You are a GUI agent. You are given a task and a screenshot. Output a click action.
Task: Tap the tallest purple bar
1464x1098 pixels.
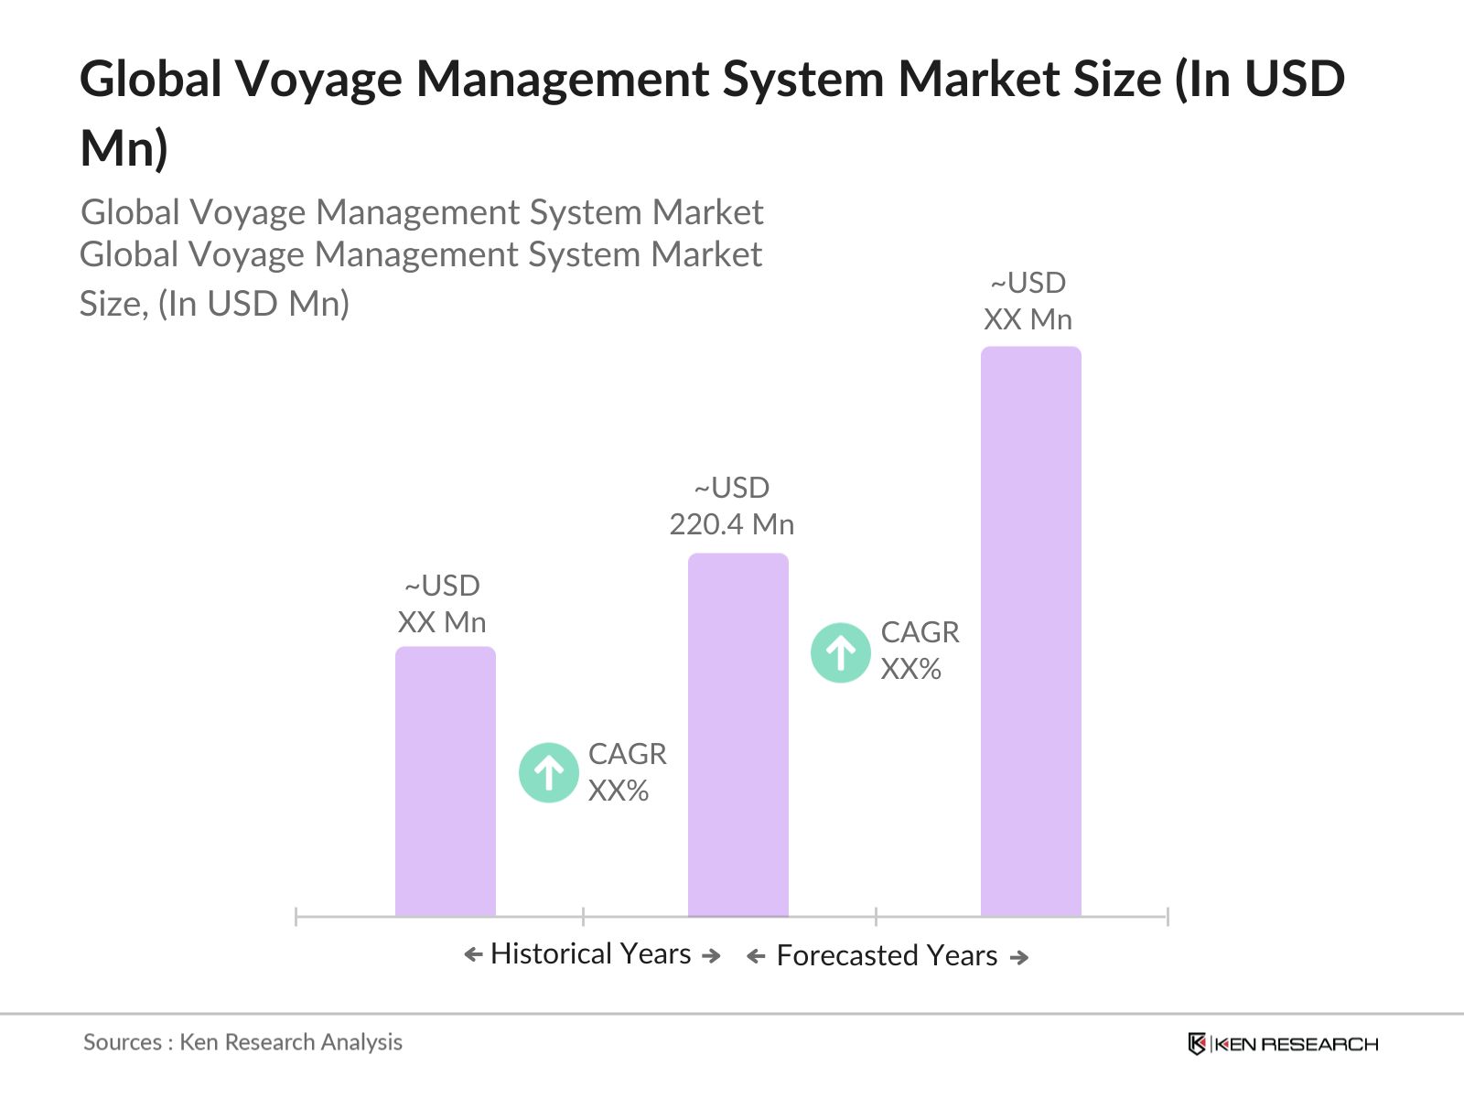pyautogui.click(x=1030, y=630)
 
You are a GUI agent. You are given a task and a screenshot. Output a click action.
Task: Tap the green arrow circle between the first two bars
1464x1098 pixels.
pyautogui.click(x=548, y=773)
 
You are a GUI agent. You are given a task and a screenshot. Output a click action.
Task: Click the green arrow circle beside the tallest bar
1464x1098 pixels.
pyautogui.click(x=840, y=652)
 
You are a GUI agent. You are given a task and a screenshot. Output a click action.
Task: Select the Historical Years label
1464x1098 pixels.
pyautogui.click(x=591, y=953)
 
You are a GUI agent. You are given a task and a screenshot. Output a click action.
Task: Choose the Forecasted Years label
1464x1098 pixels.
pyautogui.click(x=887, y=955)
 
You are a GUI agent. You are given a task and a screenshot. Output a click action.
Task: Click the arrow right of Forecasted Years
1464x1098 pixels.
pyautogui.click(x=1018, y=957)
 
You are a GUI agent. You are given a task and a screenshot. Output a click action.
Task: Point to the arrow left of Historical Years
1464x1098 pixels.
pyautogui.click(x=473, y=955)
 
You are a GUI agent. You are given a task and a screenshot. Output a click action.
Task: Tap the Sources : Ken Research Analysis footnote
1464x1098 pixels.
pyautogui.click(x=242, y=1042)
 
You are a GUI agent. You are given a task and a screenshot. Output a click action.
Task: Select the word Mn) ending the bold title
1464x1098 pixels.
pyautogui.click(x=124, y=148)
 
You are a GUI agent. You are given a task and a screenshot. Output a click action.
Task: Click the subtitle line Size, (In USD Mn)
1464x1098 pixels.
pyautogui.click(x=215, y=304)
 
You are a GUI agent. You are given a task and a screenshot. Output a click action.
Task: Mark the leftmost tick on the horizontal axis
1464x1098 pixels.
pyautogui.click(x=296, y=916)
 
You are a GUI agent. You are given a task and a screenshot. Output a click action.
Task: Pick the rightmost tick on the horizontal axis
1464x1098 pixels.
pyautogui.click(x=1168, y=916)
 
